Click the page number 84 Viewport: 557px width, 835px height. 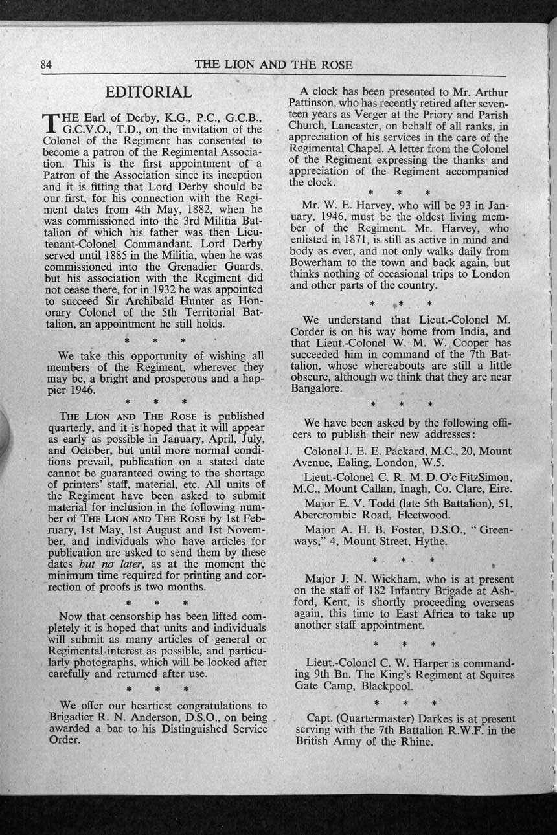46,64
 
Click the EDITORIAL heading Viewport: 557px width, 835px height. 148,93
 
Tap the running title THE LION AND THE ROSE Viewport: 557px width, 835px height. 273,65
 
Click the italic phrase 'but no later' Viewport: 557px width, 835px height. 97,564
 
